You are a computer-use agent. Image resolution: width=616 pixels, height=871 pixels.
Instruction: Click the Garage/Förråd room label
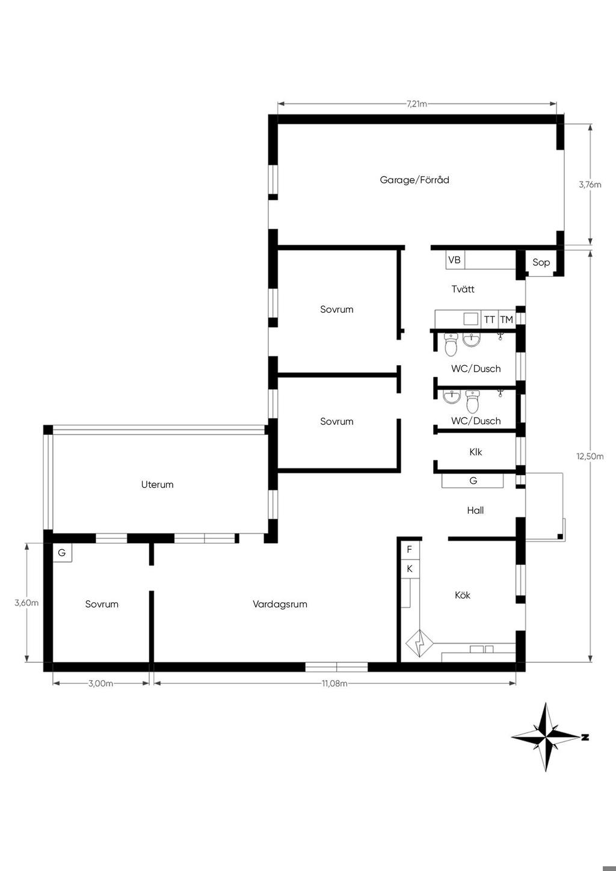[414, 180]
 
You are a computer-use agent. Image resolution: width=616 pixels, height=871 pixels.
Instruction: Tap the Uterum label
[157, 484]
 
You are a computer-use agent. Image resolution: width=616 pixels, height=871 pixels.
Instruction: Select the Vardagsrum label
[280, 605]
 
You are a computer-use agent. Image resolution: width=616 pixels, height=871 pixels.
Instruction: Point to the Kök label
[463, 595]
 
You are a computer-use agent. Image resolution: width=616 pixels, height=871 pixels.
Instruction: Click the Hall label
[475, 510]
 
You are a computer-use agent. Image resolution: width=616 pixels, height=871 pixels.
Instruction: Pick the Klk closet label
[476, 452]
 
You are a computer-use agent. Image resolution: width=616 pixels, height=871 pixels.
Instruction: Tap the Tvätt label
[463, 289]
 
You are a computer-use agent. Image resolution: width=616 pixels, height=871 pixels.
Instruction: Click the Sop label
[541, 262]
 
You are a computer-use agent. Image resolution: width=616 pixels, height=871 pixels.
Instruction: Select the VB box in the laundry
[455, 260]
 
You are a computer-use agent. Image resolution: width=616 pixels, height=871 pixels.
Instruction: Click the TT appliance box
[490, 319]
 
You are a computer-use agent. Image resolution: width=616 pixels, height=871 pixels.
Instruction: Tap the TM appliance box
[507, 319]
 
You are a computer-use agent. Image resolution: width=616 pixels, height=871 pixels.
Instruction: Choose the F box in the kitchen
[410, 550]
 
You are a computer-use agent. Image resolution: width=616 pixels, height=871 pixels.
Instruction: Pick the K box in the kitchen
[410, 569]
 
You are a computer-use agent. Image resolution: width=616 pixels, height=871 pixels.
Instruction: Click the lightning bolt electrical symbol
[419, 644]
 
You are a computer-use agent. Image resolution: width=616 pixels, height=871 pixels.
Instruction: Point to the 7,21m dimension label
[417, 104]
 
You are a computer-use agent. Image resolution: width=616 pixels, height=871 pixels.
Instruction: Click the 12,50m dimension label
[590, 457]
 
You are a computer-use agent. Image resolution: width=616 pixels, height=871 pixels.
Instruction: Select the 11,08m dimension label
[334, 683]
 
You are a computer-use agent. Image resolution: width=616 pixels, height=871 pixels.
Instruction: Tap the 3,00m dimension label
[100, 683]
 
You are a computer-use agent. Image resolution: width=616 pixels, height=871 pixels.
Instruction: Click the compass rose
[546, 737]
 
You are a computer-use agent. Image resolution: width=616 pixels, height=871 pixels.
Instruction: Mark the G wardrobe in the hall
[472, 481]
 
